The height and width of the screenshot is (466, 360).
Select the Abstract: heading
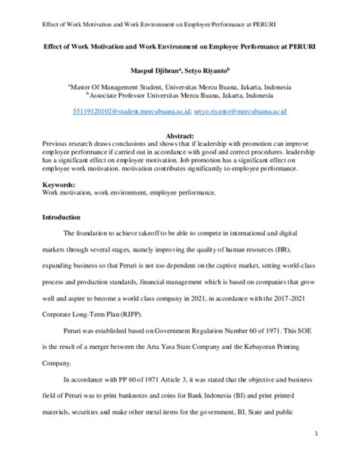tap(180, 135)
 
